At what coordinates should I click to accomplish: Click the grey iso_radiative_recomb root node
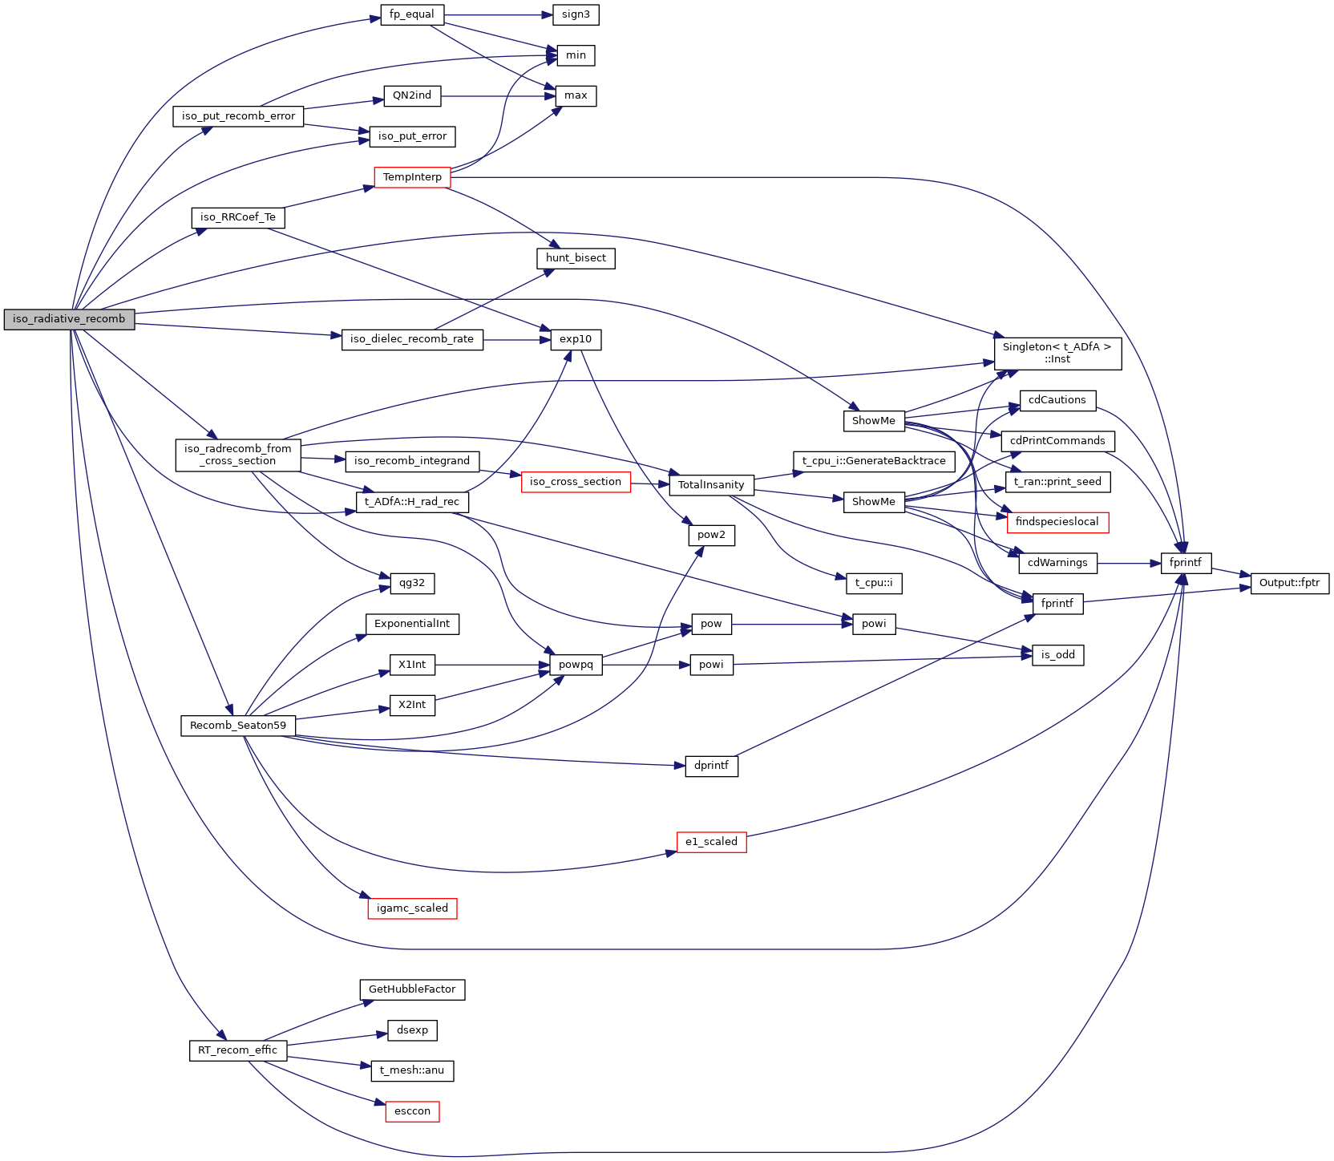point(69,319)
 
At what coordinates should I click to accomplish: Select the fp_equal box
point(412,14)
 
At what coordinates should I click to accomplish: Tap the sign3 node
point(576,14)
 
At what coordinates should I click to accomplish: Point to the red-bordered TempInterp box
point(412,177)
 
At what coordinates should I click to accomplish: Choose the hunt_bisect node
point(576,258)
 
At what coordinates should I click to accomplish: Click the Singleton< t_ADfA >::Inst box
point(1057,353)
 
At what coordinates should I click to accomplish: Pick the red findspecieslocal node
point(1057,522)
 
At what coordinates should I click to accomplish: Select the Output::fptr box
point(1289,583)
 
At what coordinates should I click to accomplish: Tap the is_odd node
point(1057,655)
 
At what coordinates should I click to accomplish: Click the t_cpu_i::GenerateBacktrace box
point(874,461)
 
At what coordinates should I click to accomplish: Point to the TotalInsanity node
point(711,485)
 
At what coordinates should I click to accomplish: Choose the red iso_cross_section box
point(576,482)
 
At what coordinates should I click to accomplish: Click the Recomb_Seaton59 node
point(238,726)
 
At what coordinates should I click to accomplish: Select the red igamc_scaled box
point(412,908)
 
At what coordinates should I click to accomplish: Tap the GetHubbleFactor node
point(412,989)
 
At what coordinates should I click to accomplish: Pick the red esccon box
point(412,1111)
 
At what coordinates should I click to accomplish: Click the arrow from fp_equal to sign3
point(498,14)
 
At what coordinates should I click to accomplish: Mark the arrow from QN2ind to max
point(497,96)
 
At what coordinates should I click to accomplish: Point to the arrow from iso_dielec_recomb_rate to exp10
point(516,340)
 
